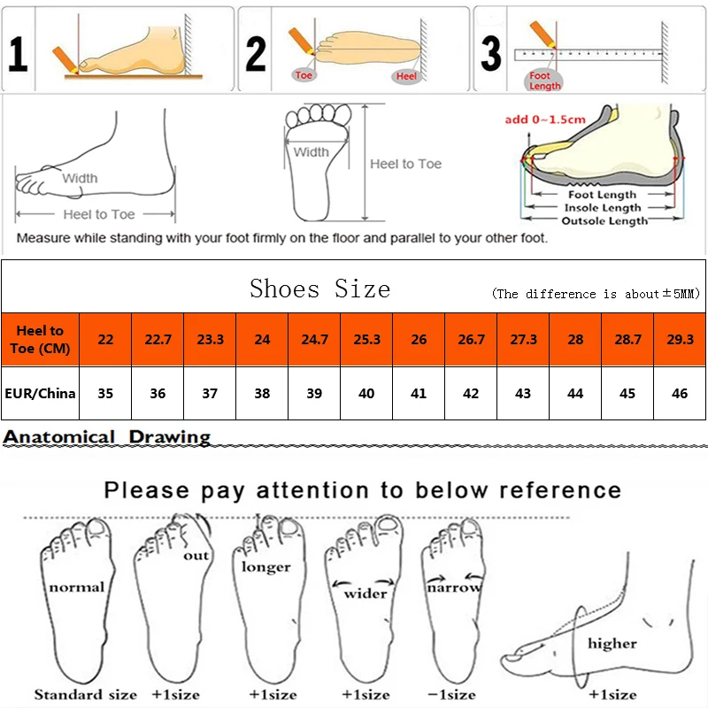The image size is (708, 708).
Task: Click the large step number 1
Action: click(x=18, y=53)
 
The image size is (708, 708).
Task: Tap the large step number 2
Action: click(x=256, y=53)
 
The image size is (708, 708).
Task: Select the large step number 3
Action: click(x=490, y=53)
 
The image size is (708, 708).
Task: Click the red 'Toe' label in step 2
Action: click(x=304, y=75)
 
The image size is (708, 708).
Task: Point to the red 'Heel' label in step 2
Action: click(x=406, y=77)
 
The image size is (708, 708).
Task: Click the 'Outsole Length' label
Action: click(x=604, y=221)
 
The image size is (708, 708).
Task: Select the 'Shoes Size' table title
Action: click(x=319, y=289)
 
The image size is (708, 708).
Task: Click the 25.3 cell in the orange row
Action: click(x=366, y=340)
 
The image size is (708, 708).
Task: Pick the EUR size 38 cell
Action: click(x=262, y=393)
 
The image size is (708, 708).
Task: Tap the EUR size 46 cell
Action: click(x=679, y=393)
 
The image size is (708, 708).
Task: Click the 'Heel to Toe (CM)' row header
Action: click(x=41, y=340)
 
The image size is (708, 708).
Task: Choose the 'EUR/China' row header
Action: click(x=41, y=393)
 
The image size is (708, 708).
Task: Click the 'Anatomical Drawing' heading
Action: click(x=107, y=436)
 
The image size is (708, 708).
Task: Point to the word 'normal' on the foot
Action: click(x=76, y=587)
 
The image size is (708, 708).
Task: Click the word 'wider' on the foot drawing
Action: click(x=365, y=594)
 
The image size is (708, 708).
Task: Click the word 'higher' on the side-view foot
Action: click(x=612, y=643)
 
